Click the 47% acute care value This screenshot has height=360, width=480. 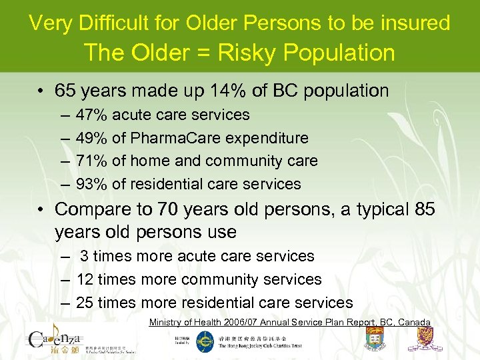[91, 115]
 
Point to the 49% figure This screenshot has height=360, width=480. [91, 138]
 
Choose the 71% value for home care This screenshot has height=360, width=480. [91, 161]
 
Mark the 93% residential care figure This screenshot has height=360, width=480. [91, 184]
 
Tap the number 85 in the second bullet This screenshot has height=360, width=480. [423, 209]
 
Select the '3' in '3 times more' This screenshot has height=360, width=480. [85, 256]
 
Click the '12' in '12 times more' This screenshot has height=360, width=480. [85, 279]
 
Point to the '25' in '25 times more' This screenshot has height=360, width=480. [85, 303]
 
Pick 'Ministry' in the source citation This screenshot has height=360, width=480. [166, 323]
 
